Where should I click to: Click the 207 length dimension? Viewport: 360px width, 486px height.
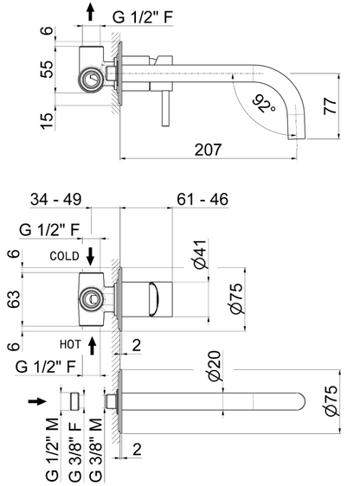207,150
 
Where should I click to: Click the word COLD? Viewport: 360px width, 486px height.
65,257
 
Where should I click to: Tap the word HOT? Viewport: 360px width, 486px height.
69,343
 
